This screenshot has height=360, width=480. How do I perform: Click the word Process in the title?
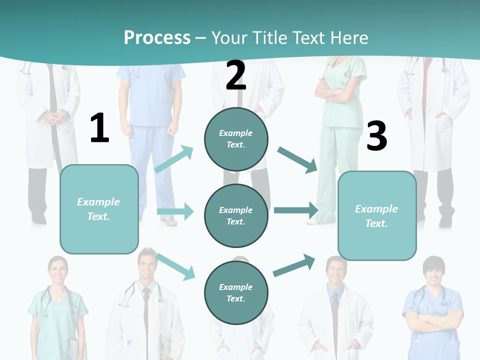(x=157, y=37)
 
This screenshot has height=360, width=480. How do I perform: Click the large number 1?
(x=99, y=128)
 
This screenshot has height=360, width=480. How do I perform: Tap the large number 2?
(x=235, y=75)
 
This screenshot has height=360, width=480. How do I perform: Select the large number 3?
(x=376, y=136)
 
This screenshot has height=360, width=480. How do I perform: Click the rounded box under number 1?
(x=99, y=209)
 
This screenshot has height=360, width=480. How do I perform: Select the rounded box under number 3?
(x=377, y=215)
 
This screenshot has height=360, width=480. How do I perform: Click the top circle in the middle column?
(x=236, y=138)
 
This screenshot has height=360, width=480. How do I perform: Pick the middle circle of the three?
(x=236, y=215)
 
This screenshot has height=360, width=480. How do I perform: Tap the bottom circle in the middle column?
(x=236, y=292)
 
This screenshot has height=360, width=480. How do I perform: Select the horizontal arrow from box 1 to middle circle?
(x=175, y=211)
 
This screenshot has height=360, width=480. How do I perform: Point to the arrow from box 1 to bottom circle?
(x=175, y=266)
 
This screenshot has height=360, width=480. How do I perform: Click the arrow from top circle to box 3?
(x=297, y=159)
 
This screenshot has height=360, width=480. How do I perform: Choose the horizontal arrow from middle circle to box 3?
(x=296, y=210)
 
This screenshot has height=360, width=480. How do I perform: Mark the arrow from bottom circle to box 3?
(x=294, y=265)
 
